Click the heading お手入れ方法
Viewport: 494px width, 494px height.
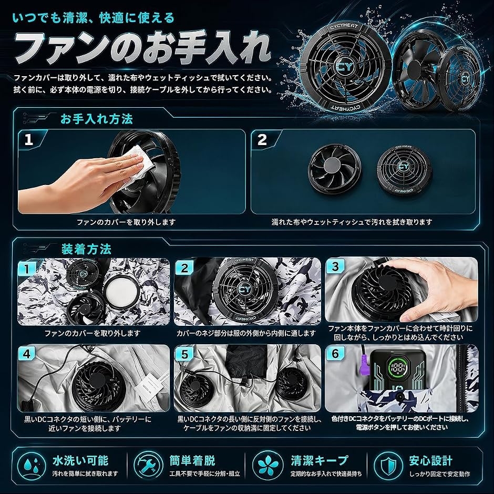tap(96, 119)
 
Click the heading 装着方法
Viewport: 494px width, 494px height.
tap(86, 249)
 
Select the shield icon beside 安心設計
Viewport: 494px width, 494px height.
tap(388, 465)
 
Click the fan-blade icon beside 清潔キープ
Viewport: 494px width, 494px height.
tap(267, 465)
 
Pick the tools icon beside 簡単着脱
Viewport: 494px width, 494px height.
tap(148, 465)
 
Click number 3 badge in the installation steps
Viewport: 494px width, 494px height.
tap(335, 266)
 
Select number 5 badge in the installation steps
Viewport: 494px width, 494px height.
tap(184, 354)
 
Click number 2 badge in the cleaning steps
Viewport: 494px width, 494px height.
tap(262, 140)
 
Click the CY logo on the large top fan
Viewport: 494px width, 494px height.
tap(345, 67)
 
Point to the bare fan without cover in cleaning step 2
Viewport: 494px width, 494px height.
tap(335, 169)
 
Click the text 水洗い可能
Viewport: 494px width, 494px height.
tap(80, 460)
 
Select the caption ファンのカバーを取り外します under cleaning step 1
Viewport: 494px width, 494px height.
tap(126, 222)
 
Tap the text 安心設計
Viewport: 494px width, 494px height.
tap(431, 460)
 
